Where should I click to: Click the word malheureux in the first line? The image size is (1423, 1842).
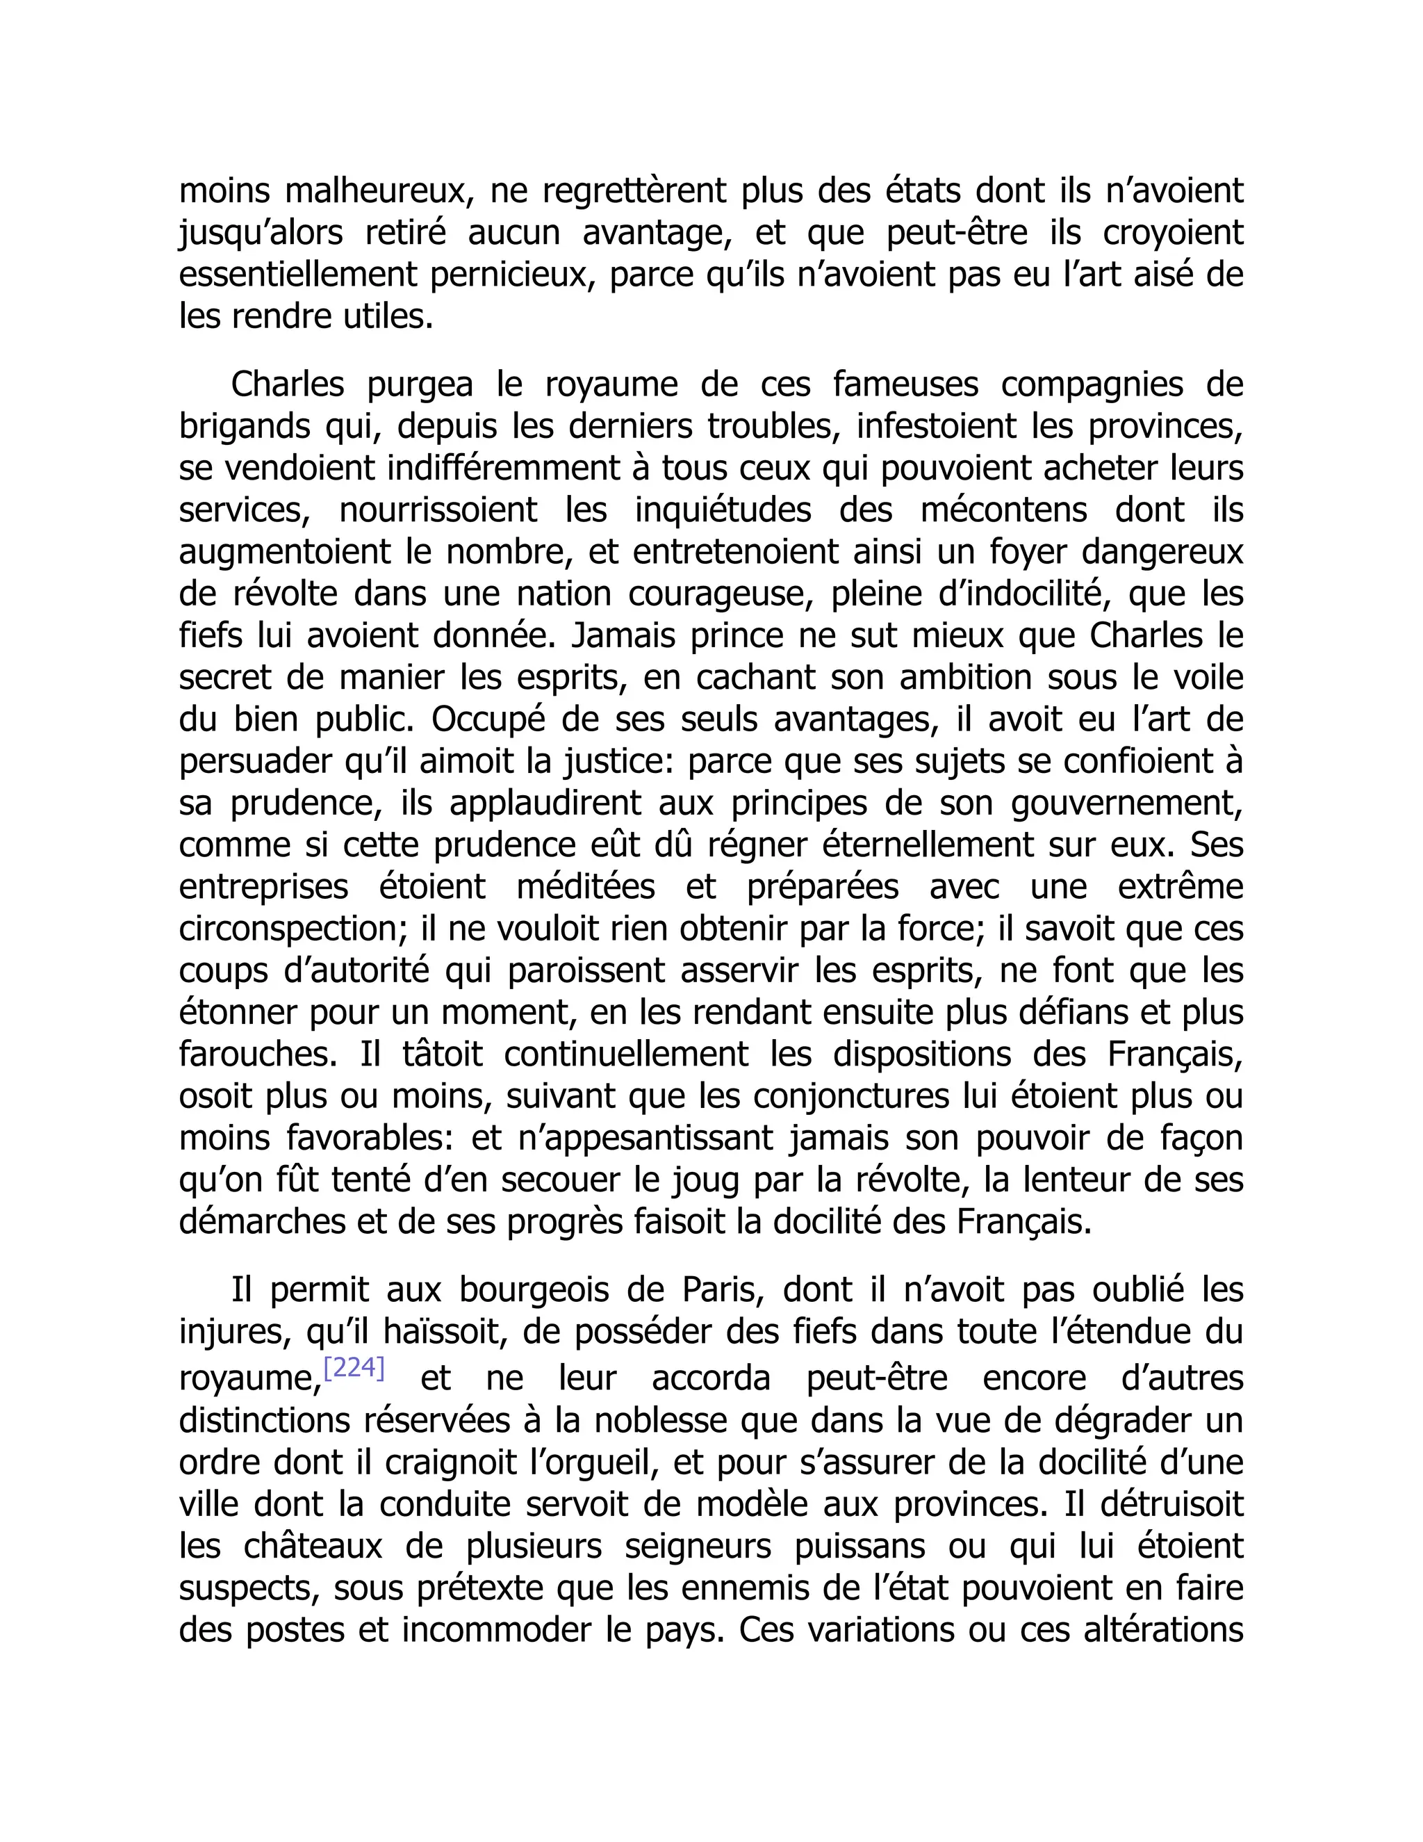(375, 191)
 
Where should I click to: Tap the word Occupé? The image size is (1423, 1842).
(485, 719)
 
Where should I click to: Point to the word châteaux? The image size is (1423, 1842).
(313, 1546)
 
